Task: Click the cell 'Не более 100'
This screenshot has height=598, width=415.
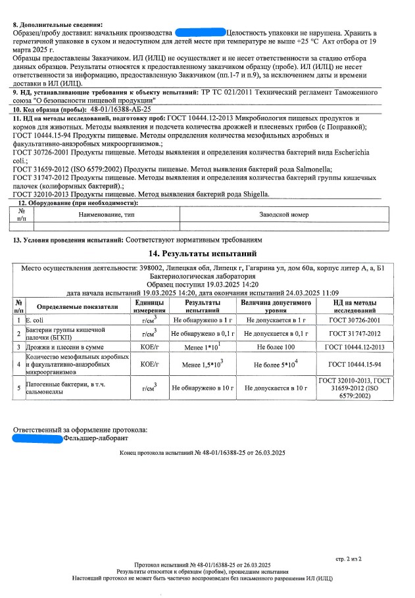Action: coord(276,346)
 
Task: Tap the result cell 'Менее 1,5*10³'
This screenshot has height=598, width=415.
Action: coord(203,364)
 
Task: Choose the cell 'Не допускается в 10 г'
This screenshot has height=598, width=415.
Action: coord(276,388)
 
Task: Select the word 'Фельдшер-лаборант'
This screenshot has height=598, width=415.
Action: coord(96,438)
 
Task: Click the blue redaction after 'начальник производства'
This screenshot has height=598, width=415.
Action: coord(200,32)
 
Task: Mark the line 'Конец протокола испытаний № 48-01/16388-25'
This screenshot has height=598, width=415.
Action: coord(202,453)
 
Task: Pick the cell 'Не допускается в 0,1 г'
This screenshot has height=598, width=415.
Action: coord(276,333)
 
